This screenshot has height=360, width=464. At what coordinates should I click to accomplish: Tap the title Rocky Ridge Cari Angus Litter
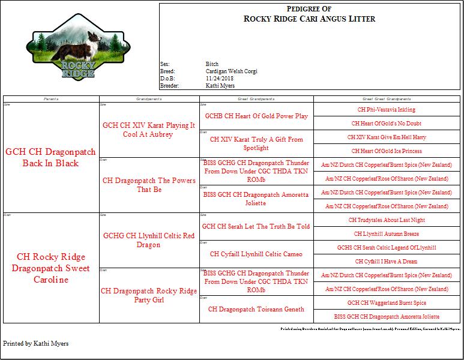pyautogui.click(x=309, y=19)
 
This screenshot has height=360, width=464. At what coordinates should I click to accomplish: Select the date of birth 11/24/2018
pyautogui.click(x=219, y=78)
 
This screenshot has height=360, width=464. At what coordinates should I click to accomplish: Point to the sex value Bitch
pyautogui.click(x=212, y=64)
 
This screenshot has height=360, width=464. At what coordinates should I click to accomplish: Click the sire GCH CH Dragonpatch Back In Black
pyautogui.click(x=50, y=158)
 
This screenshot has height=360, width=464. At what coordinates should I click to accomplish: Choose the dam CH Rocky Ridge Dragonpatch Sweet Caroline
pyautogui.click(x=50, y=268)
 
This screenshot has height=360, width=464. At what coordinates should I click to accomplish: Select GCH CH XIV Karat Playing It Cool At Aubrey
pyautogui.click(x=149, y=130)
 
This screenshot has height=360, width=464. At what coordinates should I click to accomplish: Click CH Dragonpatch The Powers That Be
pyautogui.click(x=149, y=185)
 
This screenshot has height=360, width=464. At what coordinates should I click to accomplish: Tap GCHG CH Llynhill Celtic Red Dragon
pyautogui.click(x=149, y=240)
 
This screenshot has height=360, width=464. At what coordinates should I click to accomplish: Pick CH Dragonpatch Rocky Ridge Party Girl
pyautogui.click(x=149, y=295)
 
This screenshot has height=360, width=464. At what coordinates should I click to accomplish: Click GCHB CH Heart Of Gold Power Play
pyautogui.click(x=256, y=116)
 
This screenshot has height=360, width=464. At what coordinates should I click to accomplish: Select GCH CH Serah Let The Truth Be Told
pyautogui.click(x=256, y=226)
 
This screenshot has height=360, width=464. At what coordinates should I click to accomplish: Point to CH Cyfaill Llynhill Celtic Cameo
pyautogui.click(x=256, y=254)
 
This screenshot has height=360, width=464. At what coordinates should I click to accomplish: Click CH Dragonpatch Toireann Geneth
pyautogui.click(x=256, y=309)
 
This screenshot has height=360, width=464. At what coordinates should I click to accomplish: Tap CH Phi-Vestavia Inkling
pyautogui.click(x=386, y=110)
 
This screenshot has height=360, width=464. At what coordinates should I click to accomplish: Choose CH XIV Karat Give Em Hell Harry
pyautogui.click(x=386, y=137)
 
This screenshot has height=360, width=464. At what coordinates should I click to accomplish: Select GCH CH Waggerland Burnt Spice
pyautogui.click(x=386, y=303)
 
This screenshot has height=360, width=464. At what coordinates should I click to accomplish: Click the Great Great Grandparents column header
pyautogui.click(x=386, y=98)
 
